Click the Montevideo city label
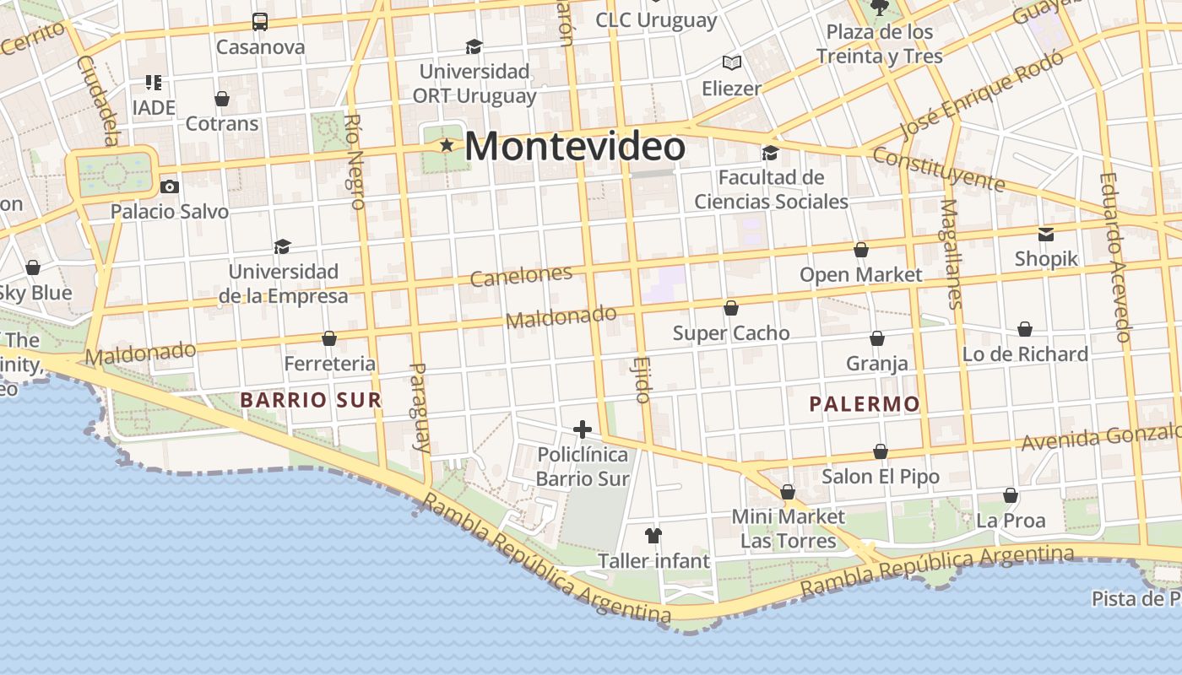point(574,147)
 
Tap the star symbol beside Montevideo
point(447,146)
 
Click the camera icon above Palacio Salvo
point(170,186)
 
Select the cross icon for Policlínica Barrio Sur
point(583,429)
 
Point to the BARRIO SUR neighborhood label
point(311,400)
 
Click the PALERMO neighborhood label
point(864,404)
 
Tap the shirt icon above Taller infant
point(653,535)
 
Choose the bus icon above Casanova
point(260,22)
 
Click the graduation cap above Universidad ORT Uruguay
point(474,46)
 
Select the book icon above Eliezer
point(731,63)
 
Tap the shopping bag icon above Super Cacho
point(731,308)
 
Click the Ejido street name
point(641,380)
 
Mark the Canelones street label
point(521,275)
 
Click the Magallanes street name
point(952,254)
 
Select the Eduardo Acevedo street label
point(1114,257)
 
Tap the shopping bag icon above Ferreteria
point(329,338)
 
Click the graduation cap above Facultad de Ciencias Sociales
point(770,153)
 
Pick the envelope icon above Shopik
point(1046,234)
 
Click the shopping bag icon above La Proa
point(1010,495)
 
